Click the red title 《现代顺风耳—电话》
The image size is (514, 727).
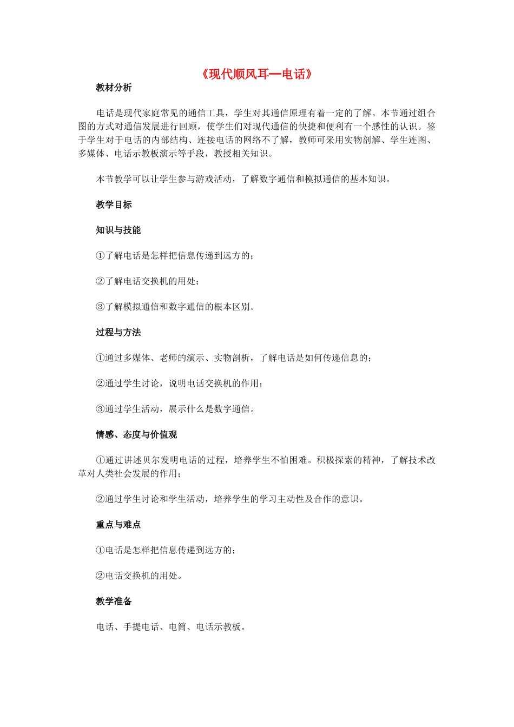(257, 74)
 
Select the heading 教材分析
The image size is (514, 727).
(114, 88)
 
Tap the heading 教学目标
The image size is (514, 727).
(114, 204)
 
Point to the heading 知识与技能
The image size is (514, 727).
(118, 230)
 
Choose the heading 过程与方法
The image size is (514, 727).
(118, 332)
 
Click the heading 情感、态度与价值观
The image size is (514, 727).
(136, 434)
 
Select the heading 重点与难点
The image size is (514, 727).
(118, 524)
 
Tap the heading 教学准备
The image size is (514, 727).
(114, 601)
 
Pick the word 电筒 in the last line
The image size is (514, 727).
(177, 626)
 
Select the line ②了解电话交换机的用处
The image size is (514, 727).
(147, 281)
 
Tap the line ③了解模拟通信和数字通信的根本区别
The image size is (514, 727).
(175, 307)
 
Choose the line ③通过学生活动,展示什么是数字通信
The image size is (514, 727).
(175, 409)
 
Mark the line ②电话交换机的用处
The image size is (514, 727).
(139, 576)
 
